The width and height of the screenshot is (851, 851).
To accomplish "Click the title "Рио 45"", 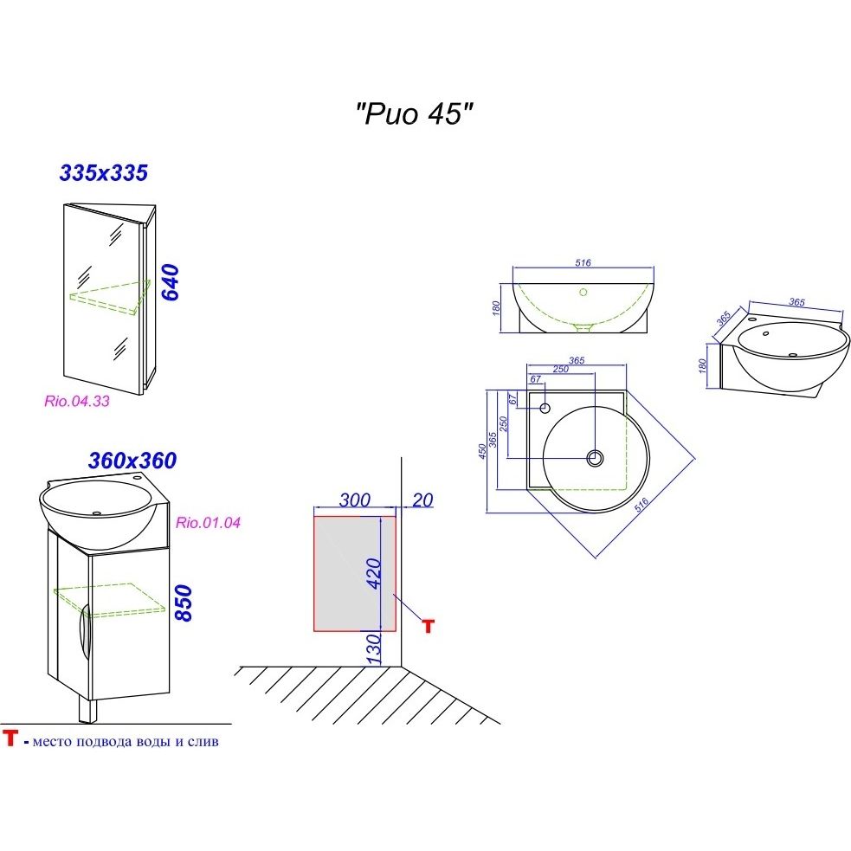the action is (414, 114).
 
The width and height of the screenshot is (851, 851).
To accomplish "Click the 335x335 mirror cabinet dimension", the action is (104, 173).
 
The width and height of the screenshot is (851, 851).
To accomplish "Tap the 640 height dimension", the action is (171, 282).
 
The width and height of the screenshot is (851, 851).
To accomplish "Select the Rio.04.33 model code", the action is (76, 401).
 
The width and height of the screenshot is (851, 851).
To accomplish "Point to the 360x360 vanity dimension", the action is (132, 461).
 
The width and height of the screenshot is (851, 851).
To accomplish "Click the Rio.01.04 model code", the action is (208, 523).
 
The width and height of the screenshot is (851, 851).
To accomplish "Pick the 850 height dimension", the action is (183, 603).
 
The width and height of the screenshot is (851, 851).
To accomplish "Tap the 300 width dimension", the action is (354, 500).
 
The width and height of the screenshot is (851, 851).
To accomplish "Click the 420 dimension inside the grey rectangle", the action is (374, 573).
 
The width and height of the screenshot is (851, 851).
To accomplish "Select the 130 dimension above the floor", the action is (374, 649).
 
